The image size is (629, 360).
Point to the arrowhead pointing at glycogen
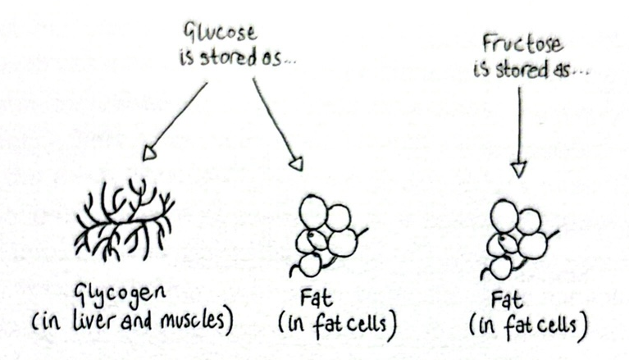click(x=149, y=153)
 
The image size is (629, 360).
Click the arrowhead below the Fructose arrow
click(x=517, y=169)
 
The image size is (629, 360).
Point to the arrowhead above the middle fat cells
click(x=297, y=163)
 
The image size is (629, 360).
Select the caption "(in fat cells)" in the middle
click(x=338, y=323)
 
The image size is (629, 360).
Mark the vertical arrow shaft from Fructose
click(x=517, y=123)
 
